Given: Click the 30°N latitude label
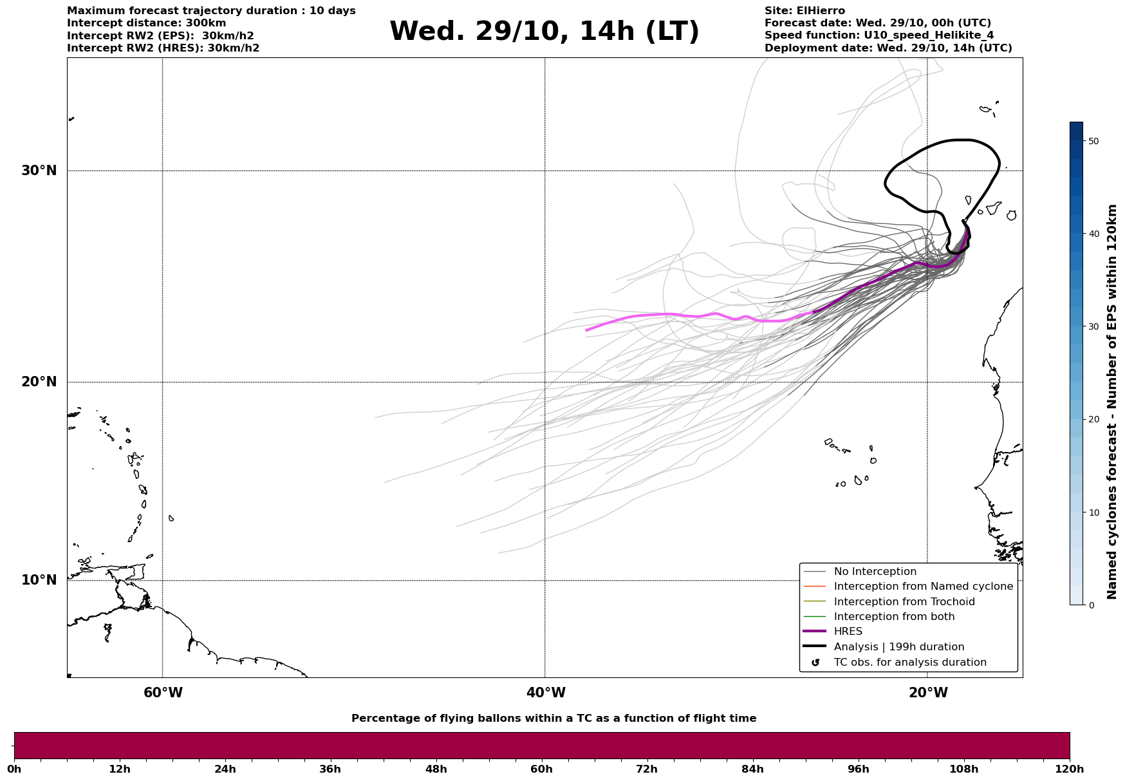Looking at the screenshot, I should coord(39,171).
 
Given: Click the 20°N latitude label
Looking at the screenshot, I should coord(39,382).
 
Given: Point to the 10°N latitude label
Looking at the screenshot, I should coord(39,580).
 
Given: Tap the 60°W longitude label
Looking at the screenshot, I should coord(163,693).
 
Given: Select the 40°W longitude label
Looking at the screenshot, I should coord(546,693).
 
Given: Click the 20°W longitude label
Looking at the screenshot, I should coord(928,693).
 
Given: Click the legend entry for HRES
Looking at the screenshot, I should coord(848,632).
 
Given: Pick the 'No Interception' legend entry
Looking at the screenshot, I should coord(875,572).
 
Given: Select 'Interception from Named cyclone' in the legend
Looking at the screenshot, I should coord(923,587).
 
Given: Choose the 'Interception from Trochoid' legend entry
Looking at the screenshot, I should coord(904,602).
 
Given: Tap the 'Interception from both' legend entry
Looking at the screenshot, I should coord(894,617).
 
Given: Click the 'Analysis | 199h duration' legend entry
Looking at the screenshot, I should coord(898,647).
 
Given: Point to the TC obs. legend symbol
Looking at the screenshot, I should coord(815,663).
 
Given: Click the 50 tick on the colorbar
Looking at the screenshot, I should coord(1093,141).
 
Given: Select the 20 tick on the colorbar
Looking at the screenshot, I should coord(1093,420).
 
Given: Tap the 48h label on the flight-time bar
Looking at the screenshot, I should coord(436,769).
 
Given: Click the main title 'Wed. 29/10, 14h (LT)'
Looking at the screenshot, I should coord(544,32).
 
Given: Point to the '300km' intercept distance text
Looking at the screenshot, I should coord(205,23).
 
